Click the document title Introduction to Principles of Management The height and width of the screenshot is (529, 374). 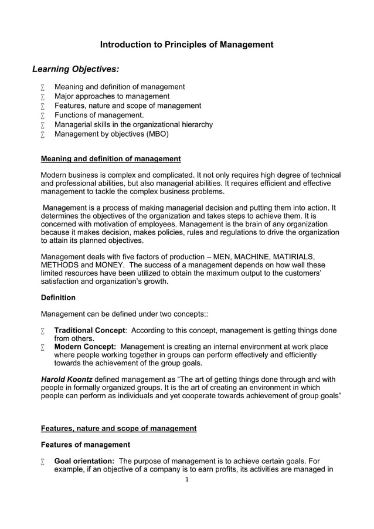(x=186, y=45)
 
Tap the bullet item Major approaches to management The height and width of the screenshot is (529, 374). (x=112, y=96)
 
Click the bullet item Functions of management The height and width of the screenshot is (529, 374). (x=99, y=115)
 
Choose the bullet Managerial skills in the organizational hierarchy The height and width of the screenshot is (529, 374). (x=134, y=124)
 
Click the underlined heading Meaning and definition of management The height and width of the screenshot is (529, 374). (x=111, y=159)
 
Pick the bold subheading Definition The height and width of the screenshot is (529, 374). (x=58, y=297)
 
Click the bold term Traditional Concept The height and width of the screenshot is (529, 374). (x=90, y=330)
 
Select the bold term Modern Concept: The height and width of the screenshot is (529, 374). (x=85, y=347)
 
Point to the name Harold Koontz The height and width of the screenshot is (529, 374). (x=66, y=379)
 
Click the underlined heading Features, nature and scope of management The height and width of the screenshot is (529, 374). (x=118, y=428)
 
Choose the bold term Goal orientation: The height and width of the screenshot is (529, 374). (x=84, y=461)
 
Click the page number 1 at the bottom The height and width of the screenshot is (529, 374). (x=186, y=479)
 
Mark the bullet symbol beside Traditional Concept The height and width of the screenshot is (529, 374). (x=43, y=331)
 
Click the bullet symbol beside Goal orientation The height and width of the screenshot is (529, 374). (x=43, y=462)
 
